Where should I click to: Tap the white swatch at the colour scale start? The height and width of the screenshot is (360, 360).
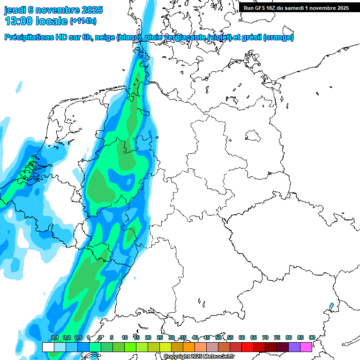pos(48,347)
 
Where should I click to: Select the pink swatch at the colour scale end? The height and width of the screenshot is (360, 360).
pos(306,347)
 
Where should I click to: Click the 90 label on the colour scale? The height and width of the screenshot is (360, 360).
pos(312,337)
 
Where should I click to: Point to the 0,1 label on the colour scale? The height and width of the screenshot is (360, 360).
pos(54,337)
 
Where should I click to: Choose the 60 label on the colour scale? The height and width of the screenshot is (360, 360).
pos(242,337)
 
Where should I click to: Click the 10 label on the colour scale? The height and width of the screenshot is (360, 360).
pos(125,337)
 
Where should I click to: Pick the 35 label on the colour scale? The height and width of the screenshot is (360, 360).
pos(183,337)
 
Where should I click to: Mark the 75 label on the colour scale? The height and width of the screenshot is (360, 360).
pos(277,337)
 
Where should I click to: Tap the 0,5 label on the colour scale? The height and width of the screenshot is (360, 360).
pos(78,337)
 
